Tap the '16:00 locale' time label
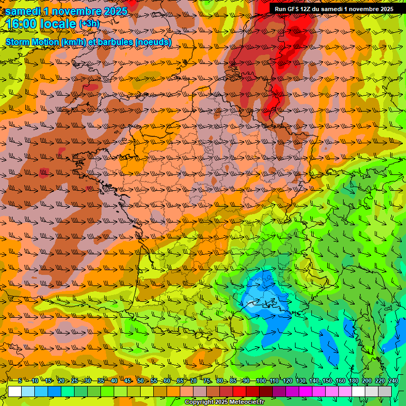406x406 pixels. pyautogui.click(x=40, y=24)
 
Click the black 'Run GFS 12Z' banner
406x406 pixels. pyautogui.click(x=334, y=9)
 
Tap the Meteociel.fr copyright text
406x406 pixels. pyautogui.click(x=225, y=402)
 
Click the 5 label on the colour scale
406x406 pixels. pyautogui.click(x=20, y=381)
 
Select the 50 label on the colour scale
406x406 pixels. pyautogui.click(x=140, y=381)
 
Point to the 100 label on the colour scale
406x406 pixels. pyautogui.click(x=260, y=381)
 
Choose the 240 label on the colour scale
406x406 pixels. pyautogui.click(x=393, y=381)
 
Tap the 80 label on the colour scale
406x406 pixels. pyautogui.click(x=220, y=381)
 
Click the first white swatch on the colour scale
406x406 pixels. pyautogui.click(x=15, y=391)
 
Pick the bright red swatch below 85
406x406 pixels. pyautogui.click(x=240, y=391)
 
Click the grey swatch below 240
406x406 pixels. pyautogui.click(x=385, y=391)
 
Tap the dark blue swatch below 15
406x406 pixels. pyautogui.click(x=54, y=391)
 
